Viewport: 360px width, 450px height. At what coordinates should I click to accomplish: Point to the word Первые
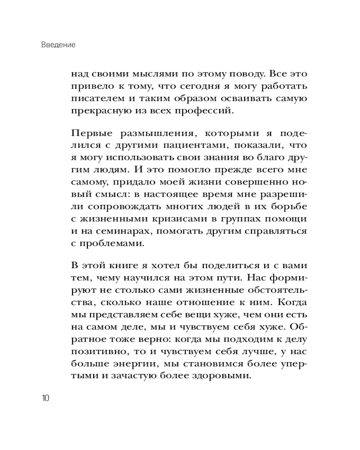point(88,134)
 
